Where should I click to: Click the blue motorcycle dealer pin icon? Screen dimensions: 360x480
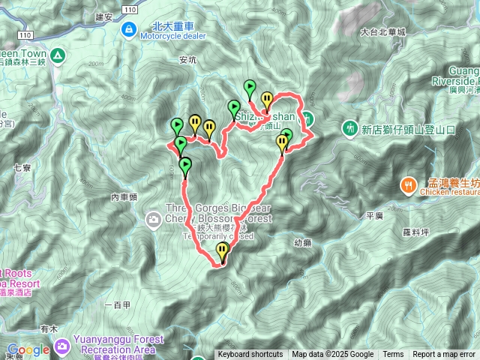point(129,28)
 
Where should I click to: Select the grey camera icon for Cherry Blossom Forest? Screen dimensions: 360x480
point(153,219)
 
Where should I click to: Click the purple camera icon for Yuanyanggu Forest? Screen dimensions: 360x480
point(61,346)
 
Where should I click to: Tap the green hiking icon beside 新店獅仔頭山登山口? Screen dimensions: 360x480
point(349,129)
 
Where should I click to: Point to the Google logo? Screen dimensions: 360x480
point(28,349)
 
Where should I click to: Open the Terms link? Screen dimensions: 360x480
point(393,355)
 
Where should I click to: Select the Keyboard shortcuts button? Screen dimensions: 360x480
point(250,355)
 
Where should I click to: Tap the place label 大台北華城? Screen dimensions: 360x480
point(382,32)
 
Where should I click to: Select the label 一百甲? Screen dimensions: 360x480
point(118,304)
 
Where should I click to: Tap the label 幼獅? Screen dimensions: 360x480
point(303,242)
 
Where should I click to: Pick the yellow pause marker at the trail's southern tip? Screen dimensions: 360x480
point(222,251)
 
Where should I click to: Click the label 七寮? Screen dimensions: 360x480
point(22,169)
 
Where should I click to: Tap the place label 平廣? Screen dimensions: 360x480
point(375,215)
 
